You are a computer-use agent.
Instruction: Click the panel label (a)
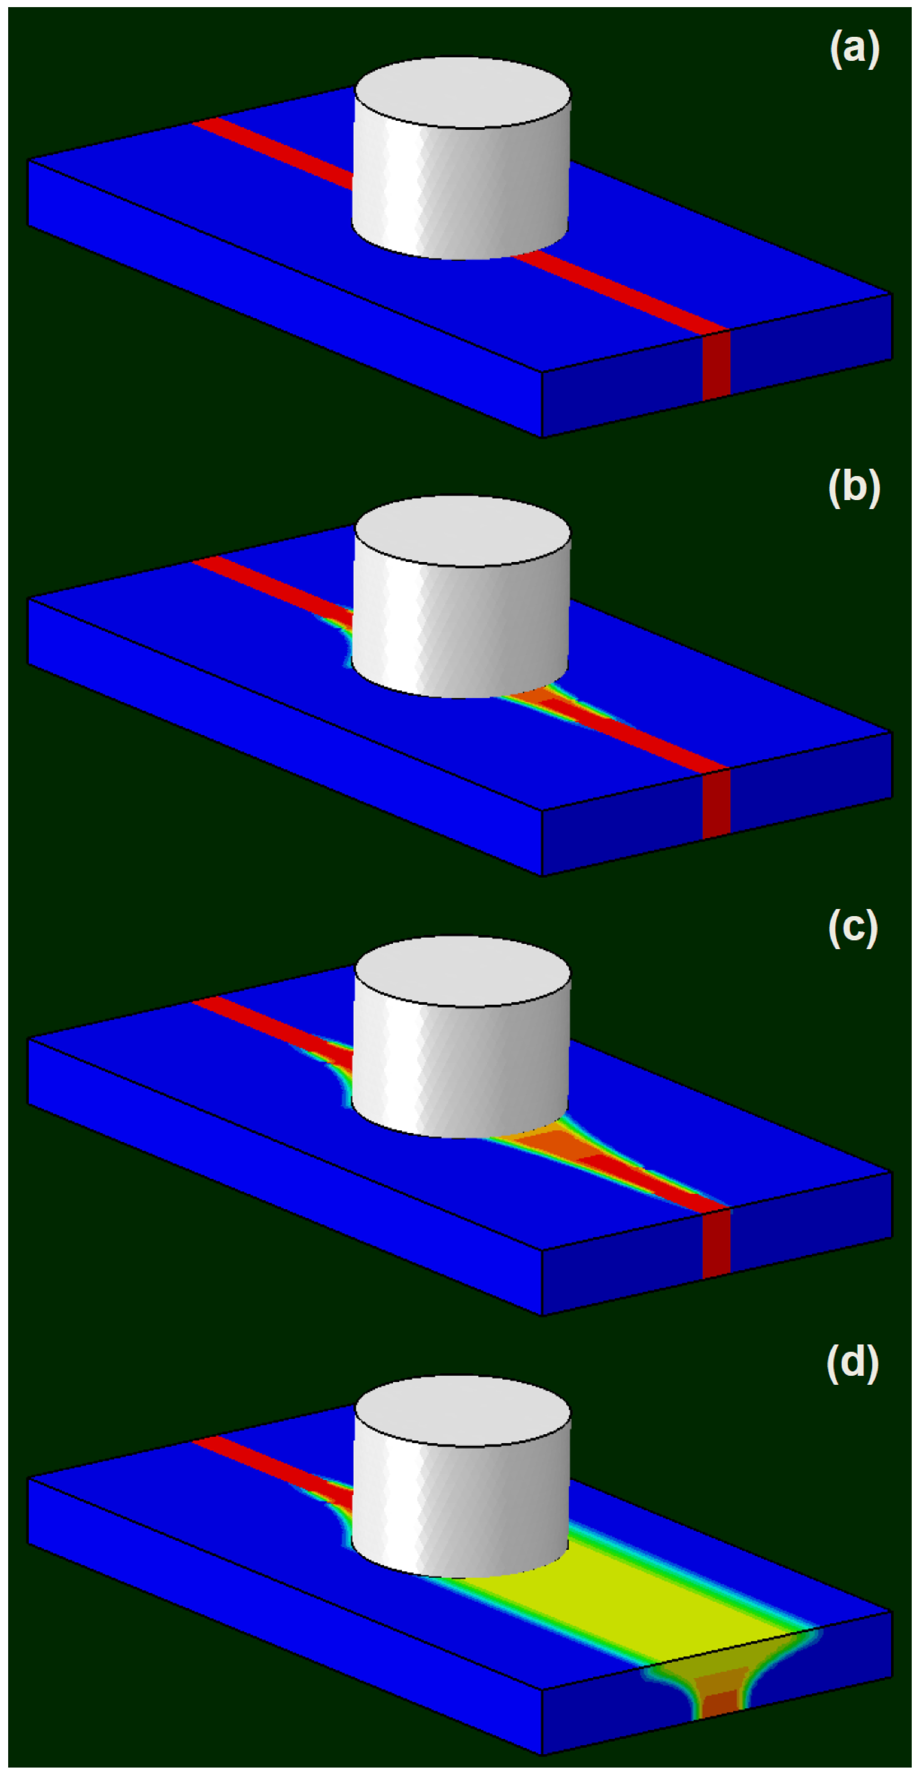[854, 50]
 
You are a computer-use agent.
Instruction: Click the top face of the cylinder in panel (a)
[462, 92]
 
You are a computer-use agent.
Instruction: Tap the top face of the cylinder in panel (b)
[462, 531]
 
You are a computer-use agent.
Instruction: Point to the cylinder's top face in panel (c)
[462, 970]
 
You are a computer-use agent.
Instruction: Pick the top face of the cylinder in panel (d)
[462, 1411]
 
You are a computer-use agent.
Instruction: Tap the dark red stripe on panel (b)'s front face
[716, 804]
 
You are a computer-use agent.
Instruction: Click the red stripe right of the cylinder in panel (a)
[619, 293]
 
